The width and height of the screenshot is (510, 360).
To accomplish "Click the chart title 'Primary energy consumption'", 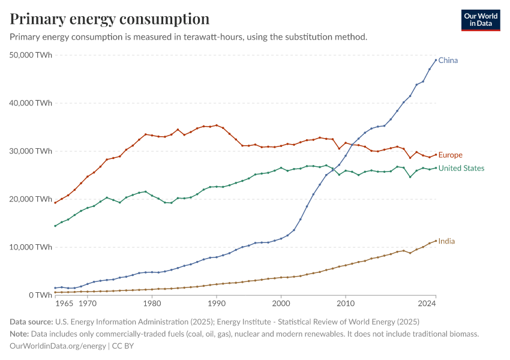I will [x=110, y=19].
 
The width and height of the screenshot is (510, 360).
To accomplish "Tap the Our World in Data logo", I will [x=480, y=20].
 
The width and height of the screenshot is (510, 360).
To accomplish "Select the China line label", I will [x=448, y=61].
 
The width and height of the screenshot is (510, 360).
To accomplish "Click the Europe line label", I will [x=450, y=155].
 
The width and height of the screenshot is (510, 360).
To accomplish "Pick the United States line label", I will [x=461, y=169].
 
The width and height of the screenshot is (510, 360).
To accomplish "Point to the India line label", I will [x=446, y=241].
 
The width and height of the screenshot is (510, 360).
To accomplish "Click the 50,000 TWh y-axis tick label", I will [x=32, y=55].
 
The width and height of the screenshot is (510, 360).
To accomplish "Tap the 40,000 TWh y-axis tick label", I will [x=32, y=103].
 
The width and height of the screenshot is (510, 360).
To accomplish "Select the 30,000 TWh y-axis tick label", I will [x=32, y=151].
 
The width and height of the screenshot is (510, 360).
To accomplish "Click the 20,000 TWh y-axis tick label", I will [x=32, y=199].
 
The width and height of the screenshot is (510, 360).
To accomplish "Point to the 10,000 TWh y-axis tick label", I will [x=32, y=247].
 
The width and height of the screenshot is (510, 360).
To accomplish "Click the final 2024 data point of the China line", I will [x=436, y=60].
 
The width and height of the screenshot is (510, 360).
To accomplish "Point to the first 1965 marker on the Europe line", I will [x=55, y=202].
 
